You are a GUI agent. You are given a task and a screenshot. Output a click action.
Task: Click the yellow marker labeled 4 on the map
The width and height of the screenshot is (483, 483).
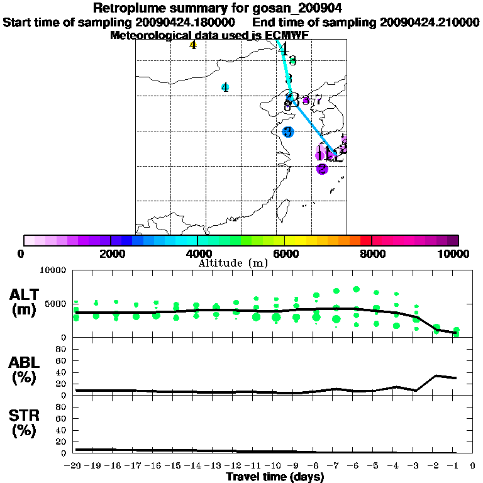point(193,45)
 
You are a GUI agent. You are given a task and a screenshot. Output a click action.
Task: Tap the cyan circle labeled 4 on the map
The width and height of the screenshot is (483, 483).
point(225,87)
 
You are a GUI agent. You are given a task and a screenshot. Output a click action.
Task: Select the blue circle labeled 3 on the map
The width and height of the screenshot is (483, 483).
point(287,132)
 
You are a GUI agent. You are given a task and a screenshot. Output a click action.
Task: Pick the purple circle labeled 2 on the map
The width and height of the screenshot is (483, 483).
point(322,169)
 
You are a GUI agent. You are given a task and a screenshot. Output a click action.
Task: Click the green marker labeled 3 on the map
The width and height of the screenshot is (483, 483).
point(292,60)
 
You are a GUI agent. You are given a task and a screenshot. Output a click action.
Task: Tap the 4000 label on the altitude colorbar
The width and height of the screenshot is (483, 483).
point(197,253)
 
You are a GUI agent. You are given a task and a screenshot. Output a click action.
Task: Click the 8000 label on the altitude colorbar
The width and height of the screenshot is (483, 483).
point(371,253)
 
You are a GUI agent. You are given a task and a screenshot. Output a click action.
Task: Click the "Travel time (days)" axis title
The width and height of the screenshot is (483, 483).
point(275,477)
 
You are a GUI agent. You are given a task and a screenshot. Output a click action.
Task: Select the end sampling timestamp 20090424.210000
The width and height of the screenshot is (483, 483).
point(430,22)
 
